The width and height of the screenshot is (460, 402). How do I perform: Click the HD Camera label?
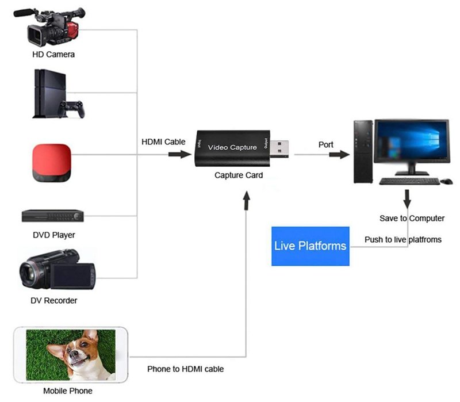pos(53,55)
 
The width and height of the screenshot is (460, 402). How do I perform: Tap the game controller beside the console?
pos(71,108)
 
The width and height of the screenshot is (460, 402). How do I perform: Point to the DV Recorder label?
pos(53,300)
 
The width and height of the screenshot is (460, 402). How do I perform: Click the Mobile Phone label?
pos(68,391)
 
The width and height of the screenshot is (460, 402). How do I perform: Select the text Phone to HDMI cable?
pos(185,369)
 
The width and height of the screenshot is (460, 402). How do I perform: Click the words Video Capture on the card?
pos(232,148)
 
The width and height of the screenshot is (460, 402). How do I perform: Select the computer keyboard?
pos(409,181)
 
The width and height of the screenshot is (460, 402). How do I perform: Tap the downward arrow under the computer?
pos(408,200)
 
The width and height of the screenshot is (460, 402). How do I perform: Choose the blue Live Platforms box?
pos(310,246)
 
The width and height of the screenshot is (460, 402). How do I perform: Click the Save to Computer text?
pos(412,219)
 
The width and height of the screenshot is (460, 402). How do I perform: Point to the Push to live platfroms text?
pos(403,239)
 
